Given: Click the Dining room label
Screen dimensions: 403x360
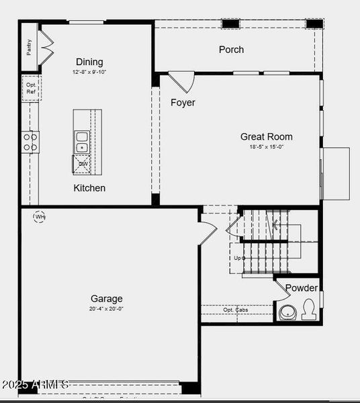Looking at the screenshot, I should pos(89,62).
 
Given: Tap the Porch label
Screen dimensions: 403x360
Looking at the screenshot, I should pos(231,50).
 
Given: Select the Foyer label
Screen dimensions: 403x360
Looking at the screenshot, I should pos(183,103).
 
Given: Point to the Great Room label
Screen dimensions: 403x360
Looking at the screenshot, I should pos(267,136).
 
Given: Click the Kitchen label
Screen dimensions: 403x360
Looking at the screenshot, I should pos(89,188).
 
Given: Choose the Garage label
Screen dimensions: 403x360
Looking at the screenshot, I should pos(107,299).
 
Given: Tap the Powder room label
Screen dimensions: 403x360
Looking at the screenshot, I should pos(302,288).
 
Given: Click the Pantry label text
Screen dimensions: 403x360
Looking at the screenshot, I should pos(30,46).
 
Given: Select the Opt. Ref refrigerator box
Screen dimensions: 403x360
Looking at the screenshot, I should pos(31,89).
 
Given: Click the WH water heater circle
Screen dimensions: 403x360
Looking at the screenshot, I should pos(40,217).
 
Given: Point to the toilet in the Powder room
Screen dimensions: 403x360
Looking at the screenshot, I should pos(310,310).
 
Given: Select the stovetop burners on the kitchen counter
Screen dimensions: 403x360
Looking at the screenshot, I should pos(30,142).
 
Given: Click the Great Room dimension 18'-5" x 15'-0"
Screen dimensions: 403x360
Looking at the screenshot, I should pos(267,147).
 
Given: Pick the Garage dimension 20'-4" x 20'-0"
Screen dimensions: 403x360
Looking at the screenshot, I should pos(107,309).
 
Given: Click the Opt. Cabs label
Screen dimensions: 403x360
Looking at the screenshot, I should pos(236,310).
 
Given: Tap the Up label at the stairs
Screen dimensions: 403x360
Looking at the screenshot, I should pos(237,258).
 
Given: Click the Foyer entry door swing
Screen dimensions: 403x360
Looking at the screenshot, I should pos(181,81).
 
